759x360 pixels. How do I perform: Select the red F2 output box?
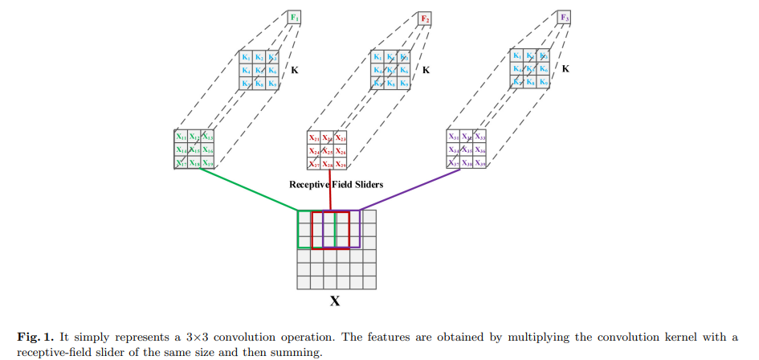point(426,18)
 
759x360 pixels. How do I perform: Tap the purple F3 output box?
point(565,18)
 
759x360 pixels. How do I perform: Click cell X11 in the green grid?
point(182,137)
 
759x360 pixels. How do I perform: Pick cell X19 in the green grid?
point(208,163)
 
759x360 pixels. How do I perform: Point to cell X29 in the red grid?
point(341,164)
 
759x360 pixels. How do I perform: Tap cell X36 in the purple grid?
point(480,150)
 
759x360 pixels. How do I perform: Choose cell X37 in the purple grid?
point(454,163)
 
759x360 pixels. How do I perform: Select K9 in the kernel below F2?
point(404,83)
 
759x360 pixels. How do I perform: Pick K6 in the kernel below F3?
point(544,70)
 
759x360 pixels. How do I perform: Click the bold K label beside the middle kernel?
point(426,70)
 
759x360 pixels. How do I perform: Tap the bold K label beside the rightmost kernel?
point(565,70)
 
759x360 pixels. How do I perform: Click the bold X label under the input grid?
point(335,302)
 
